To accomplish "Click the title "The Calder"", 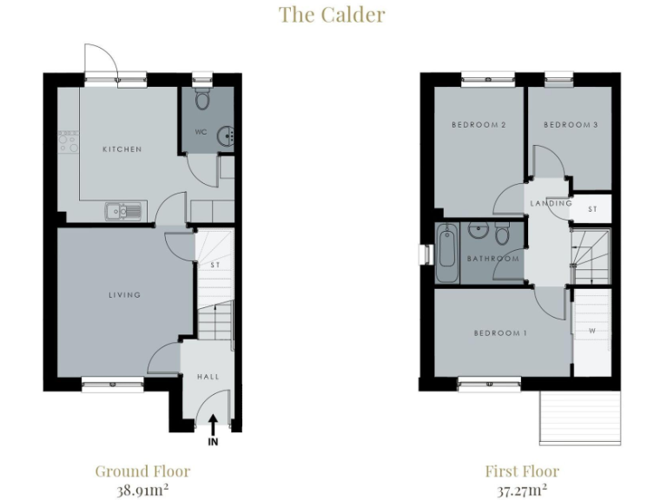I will [332, 15].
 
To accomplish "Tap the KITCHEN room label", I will [122, 149].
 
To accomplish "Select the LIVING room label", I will [124, 295].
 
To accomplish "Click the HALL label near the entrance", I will [208, 377].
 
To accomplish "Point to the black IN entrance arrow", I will [213, 425].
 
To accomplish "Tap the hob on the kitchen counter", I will [68, 141].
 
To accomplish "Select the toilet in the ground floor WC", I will [202, 100].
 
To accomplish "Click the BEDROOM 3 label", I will [571, 125].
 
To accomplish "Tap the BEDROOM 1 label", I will [500, 333].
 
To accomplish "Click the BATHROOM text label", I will [492, 259].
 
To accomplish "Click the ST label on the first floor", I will [592, 209].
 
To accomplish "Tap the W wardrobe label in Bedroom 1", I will [591, 331].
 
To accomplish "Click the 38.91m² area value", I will [142, 490].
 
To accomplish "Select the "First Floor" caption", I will [522, 471].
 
